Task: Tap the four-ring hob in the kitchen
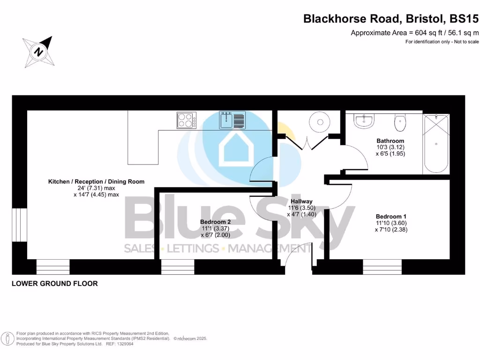point(186,120)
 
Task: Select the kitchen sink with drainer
point(232,120)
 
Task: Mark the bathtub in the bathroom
point(436,143)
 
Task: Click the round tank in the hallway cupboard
point(320,122)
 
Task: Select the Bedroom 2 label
point(215,222)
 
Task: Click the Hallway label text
point(301,201)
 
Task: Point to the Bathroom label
point(390,141)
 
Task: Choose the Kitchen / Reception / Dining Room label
point(96,181)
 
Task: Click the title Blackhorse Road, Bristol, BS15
point(391,19)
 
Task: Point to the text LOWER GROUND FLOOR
point(55,284)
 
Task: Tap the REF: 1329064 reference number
point(120,344)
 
